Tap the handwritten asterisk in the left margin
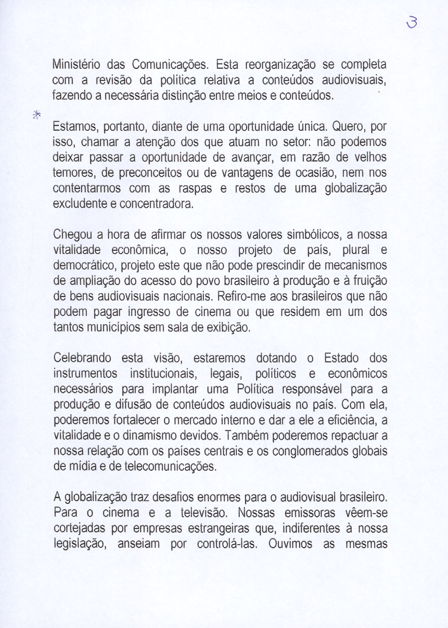[x=36, y=115]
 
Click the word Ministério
[x=78, y=66]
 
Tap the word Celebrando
[x=83, y=358]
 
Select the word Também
[x=260, y=435]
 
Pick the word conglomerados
[x=313, y=451]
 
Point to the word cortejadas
[x=78, y=528]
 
